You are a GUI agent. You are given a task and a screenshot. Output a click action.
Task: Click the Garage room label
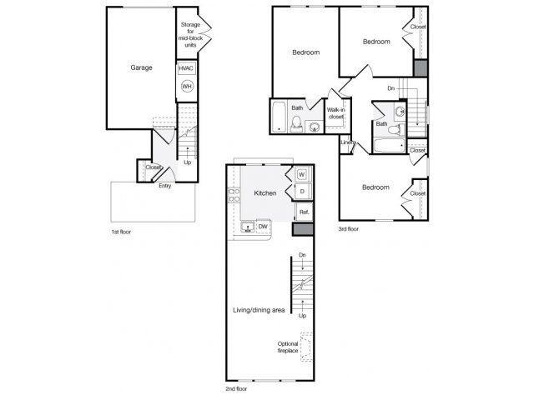click(141, 67)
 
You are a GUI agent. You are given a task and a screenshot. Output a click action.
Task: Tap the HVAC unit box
click(186, 68)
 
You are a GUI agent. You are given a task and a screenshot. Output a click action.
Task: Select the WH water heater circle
click(187, 87)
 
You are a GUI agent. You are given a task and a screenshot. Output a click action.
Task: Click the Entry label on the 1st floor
click(165, 186)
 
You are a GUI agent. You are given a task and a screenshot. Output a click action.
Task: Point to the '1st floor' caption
click(121, 232)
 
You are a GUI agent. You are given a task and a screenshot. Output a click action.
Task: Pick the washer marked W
click(302, 175)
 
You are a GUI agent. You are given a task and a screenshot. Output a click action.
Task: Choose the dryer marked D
click(302, 192)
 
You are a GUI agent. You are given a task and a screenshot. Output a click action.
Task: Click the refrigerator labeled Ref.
click(304, 212)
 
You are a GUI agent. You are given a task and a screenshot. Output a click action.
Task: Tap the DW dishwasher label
click(263, 227)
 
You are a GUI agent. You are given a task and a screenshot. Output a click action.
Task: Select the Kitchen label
click(265, 193)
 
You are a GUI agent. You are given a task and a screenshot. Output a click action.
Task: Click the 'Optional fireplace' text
click(288, 347)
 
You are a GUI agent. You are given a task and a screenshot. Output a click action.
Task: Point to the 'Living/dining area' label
click(259, 310)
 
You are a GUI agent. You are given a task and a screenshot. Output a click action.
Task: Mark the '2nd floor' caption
click(236, 389)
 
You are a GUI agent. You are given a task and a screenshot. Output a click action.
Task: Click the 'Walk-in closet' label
click(336, 113)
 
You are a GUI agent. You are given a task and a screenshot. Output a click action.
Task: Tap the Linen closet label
click(348, 142)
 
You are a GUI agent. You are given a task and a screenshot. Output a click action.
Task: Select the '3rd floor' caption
click(349, 229)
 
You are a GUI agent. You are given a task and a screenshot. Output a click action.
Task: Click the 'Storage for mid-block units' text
click(190, 35)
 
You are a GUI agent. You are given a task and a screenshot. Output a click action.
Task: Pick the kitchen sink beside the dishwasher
click(248, 227)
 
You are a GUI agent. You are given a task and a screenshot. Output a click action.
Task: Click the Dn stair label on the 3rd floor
click(391, 88)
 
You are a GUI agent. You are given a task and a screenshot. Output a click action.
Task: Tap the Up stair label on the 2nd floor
click(302, 316)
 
